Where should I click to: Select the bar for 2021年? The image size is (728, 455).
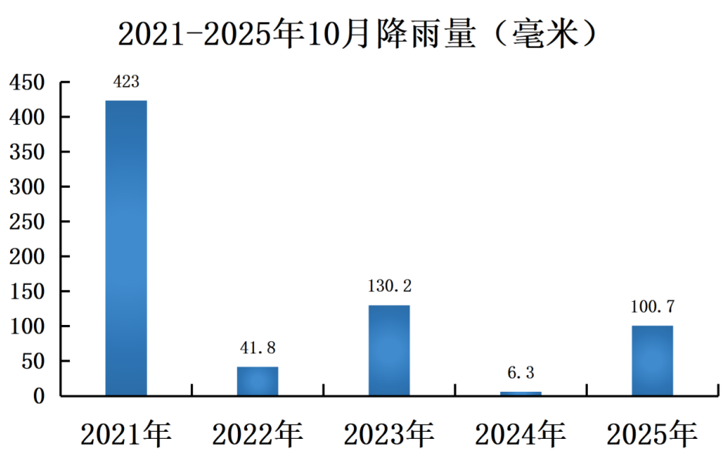(x=125, y=248)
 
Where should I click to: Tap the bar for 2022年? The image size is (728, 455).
(x=258, y=381)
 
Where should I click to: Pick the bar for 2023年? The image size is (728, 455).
(x=389, y=350)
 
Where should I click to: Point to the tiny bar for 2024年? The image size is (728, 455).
(x=520, y=393)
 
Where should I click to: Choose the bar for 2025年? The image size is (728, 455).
(x=653, y=361)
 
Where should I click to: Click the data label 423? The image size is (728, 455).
(x=125, y=82)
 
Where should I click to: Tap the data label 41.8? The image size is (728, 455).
(x=258, y=348)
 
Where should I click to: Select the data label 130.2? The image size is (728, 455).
(x=389, y=286)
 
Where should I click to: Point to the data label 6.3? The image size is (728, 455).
(x=520, y=373)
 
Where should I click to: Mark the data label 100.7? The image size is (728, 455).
(x=653, y=306)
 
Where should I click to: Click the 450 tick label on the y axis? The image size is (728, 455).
(x=27, y=82)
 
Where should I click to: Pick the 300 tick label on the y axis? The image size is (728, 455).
(x=27, y=187)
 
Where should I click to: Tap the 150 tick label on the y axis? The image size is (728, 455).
(x=27, y=292)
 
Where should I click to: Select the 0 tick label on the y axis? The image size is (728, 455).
(x=38, y=396)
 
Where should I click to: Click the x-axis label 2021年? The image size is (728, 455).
(x=126, y=434)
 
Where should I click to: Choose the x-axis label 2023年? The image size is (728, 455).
(x=389, y=434)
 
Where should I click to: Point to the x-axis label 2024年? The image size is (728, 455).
(x=520, y=434)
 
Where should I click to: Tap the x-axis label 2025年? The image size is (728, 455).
(x=653, y=434)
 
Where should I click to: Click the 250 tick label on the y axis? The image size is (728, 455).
(x=27, y=222)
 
